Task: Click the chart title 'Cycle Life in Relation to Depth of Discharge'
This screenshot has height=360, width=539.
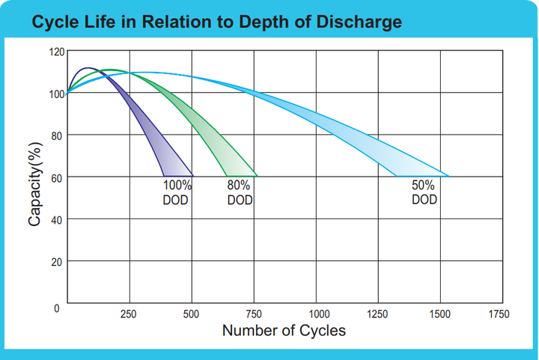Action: click(217, 22)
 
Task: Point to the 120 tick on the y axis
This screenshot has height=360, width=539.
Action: click(57, 52)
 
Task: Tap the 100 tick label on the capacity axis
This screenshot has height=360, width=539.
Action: click(57, 94)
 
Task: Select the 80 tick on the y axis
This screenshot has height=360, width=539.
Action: click(57, 136)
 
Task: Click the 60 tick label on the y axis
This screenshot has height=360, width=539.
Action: click(57, 178)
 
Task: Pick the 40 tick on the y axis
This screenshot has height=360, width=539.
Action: click(57, 220)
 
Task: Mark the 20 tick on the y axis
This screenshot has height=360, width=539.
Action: click(57, 262)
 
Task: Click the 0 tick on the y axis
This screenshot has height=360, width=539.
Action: click(57, 308)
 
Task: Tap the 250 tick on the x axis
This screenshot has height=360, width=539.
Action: click(128, 314)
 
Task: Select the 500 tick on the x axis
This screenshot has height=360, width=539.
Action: click(191, 314)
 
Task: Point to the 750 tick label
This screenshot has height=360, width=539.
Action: click(254, 314)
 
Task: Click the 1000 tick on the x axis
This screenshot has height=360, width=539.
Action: click(320, 314)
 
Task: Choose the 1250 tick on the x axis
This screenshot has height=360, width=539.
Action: click(377, 314)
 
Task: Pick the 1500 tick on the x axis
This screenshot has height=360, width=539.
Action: click(439, 314)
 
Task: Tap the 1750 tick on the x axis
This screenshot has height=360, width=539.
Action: click(499, 314)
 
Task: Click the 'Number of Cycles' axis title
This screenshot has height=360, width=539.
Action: click(284, 331)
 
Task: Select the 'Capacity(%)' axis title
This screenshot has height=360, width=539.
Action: click(35, 184)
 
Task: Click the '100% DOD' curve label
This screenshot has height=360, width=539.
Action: click(177, 192)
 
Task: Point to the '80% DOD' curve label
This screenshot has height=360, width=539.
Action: click(240, 192)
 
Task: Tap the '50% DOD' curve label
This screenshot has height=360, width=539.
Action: click(424, 192)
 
